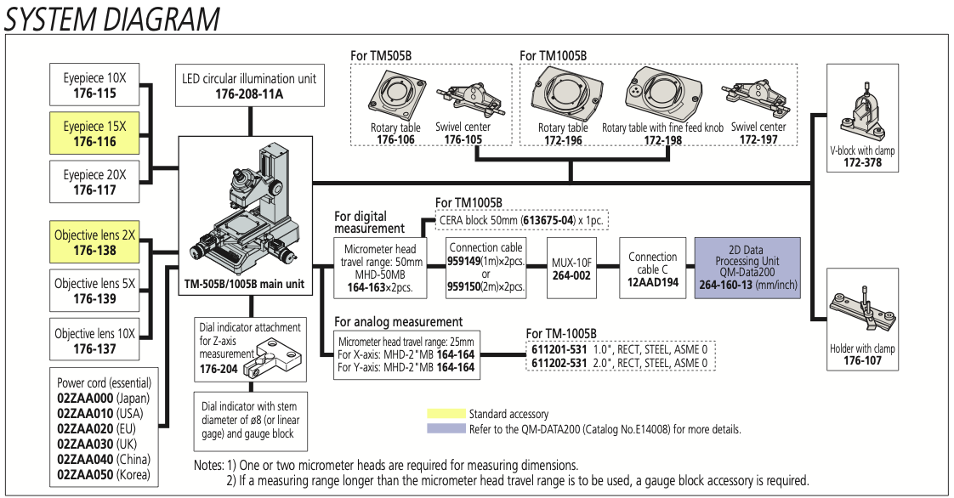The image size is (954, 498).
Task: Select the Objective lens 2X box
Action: tap(94, 242)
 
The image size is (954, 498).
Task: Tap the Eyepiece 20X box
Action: tap(94, 182)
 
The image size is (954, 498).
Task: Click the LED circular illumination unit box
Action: tap(249, 85)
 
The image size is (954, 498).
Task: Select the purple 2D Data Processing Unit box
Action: tap(747, 267)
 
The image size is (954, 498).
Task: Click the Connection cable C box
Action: tap(653, 268)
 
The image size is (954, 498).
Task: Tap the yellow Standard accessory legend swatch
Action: tap(446, 414)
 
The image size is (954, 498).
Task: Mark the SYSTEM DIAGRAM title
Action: tap(111, 18)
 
